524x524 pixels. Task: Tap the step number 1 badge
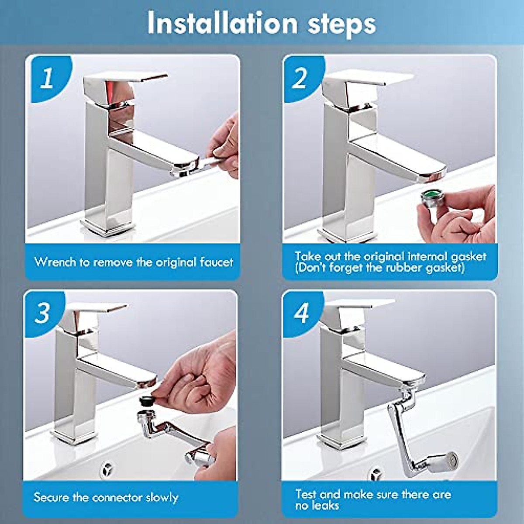pyautogui.click(x=47, y=79)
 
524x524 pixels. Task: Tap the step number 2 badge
pyautogui.click(x=300, y=79)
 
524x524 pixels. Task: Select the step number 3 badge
pyautogui.click(x=43, y=313)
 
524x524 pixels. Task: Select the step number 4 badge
pyautogui.click(x=301, y=313)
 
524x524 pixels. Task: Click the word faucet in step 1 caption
pyautogui.click(x=216, y=262)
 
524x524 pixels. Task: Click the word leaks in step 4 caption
pyautogui.click(x=325, y=505)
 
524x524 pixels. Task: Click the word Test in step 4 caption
pyautogui.click(x=305, y=494)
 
